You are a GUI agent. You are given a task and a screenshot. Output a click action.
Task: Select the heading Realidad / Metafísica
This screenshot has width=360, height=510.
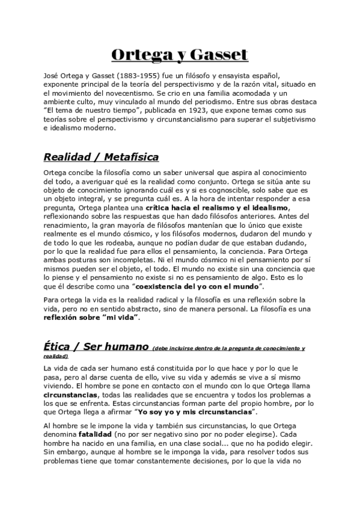pyautogui.click(x=101, y=157)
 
